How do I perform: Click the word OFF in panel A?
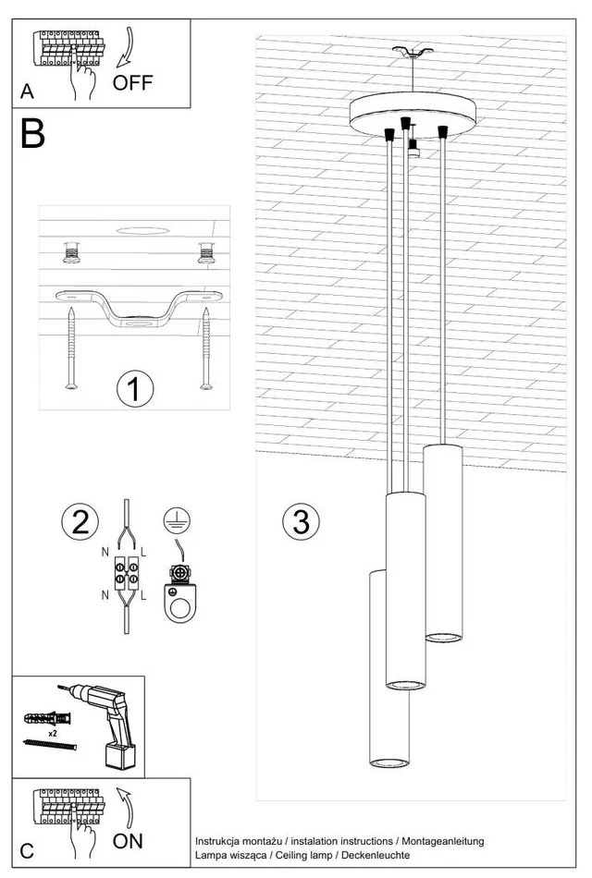tap(133, 83)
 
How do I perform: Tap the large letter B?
tap(33, 135)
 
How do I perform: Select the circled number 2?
tap(80, 521)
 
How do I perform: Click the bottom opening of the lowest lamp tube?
tap(389, 762)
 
